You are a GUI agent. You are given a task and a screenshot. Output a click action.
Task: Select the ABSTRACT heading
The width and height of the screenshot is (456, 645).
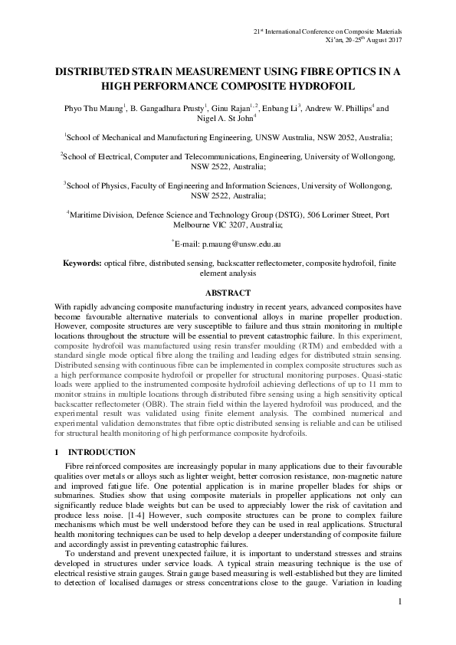point(228,292)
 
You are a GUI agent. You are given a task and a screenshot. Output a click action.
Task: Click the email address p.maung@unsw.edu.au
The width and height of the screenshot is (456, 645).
point(241,243)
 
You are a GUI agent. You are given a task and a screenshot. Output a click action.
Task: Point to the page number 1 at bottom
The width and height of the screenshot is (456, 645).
point(399,602)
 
